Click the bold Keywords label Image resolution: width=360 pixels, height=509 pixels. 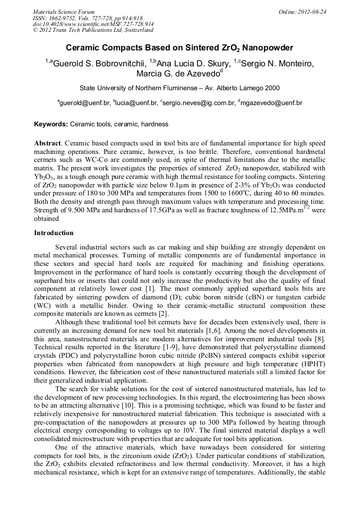(51, 124)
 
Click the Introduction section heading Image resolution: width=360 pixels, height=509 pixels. (54, 232)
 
